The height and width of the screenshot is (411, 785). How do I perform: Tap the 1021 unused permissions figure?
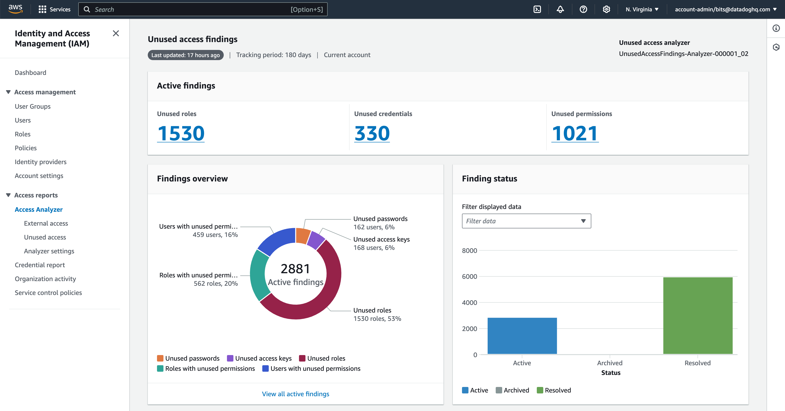(x=575, y=133)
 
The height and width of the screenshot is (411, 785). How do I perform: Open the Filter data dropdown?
(x=526, y=221)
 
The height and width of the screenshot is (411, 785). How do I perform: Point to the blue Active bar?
(x=522, y=336)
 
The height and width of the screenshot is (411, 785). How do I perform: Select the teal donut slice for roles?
(x=258, y=275)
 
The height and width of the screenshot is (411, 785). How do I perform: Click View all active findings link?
(x=295, y=394)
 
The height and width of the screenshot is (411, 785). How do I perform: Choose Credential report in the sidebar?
(x=40, y=265)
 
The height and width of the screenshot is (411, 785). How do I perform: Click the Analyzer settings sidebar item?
(x=49, y=251)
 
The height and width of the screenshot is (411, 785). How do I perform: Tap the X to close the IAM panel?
(x=115, y=33)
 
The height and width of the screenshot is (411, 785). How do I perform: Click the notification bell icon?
(x=560, y=9)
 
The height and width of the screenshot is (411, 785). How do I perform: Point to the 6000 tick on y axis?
(x=469, y=276)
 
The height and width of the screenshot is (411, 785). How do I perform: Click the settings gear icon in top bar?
(x=606, y=9)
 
